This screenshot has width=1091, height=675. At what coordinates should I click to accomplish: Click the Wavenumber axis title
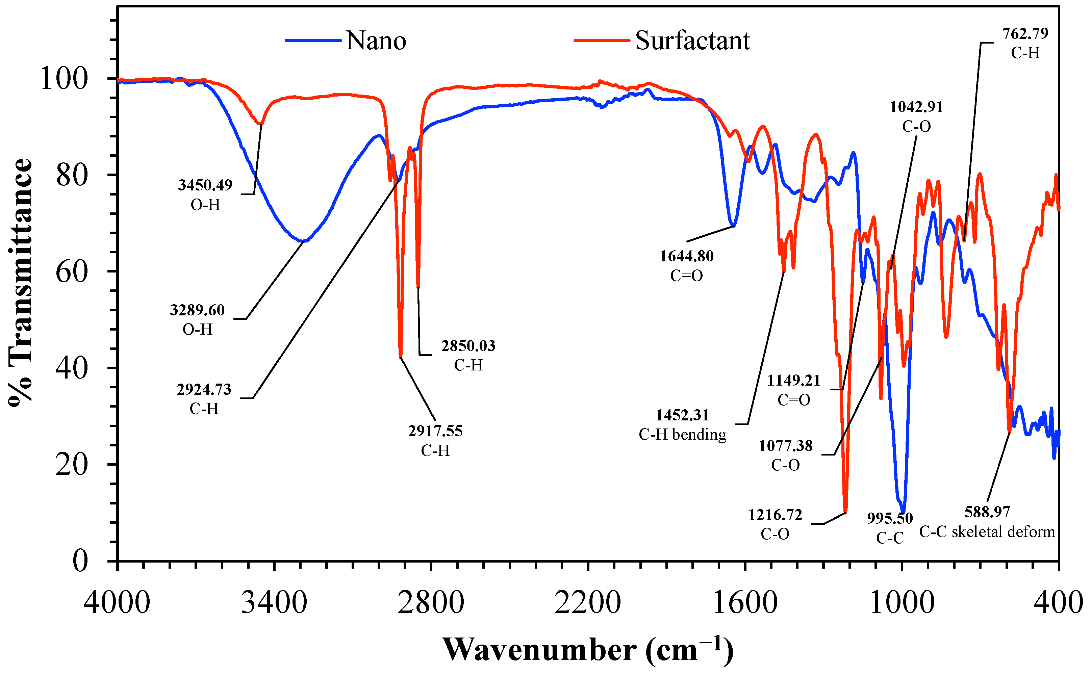(588, 650)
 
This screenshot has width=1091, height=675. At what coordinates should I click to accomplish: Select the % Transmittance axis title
(20, 282)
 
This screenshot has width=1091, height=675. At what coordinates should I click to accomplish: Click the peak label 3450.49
(205, 185)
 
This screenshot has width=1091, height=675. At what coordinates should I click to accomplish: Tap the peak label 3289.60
(197, 310)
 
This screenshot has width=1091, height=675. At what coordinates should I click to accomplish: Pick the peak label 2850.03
(468, 345)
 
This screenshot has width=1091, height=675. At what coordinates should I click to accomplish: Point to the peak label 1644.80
(686, 256)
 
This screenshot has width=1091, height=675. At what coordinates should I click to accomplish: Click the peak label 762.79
(1025, 33)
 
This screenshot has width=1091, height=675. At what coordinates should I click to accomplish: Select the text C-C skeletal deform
(987, 532)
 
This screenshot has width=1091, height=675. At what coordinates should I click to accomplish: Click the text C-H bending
(682, 434)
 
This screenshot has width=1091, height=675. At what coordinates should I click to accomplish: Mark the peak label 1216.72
(775, 515)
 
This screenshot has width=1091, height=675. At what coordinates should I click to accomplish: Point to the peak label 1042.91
(916, 107)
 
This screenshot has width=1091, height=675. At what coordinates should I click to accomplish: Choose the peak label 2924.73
(204, 389)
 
